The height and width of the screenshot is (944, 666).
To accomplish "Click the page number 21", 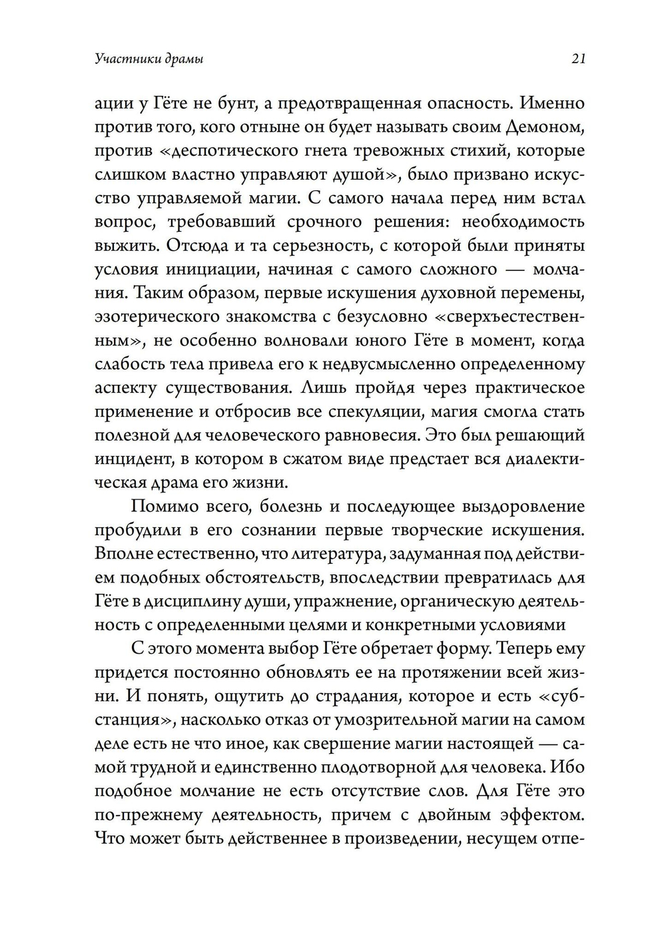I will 577,59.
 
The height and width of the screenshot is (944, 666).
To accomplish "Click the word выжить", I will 125,245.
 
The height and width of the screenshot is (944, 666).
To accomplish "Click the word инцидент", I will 133,459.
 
